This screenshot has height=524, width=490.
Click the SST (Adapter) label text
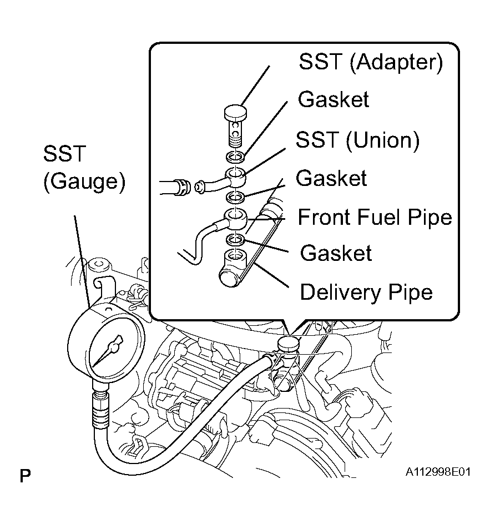[x=371, y=62]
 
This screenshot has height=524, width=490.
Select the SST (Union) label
[x=357, y=140]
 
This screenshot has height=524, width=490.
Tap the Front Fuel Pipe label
[x=375, y=217]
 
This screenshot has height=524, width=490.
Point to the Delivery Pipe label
[x=366, y=291]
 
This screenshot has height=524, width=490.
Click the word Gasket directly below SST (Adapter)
[x=333, y=100]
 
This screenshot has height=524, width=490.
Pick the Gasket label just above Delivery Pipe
[x=336, y=253]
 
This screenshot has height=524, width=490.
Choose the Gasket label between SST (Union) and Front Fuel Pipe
[x=331, y=179]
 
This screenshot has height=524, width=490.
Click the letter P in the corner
[x=25, y=476]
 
